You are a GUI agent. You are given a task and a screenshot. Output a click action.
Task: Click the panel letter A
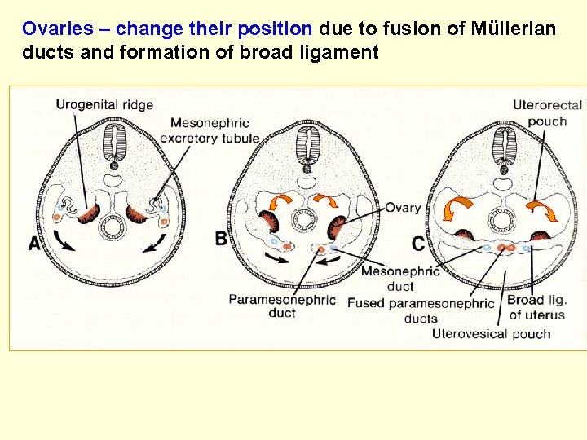[x=34, y=243]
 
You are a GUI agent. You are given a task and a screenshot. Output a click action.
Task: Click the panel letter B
[x=222, y=238]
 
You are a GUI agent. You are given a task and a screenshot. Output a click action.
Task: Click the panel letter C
[x=417, y=244]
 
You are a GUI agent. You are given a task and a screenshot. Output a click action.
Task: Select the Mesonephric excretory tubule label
[x=210, y=130]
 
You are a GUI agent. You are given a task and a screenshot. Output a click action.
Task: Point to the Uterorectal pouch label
[x=547, y=112]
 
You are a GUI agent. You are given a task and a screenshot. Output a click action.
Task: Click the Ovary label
[x=404, y=208]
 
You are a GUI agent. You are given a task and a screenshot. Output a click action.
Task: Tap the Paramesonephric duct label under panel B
[x=281, y=306]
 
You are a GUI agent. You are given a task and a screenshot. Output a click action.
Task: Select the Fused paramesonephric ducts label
[x=421, y=310]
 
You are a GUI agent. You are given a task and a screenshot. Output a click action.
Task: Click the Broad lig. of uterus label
[x=536, y=307]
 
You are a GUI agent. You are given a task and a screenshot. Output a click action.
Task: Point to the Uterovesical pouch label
[x=491, y=333]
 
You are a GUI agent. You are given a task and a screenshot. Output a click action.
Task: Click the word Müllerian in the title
[x=514, y=29]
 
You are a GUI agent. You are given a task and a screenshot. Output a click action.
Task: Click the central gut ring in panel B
[x=305, y=220]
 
